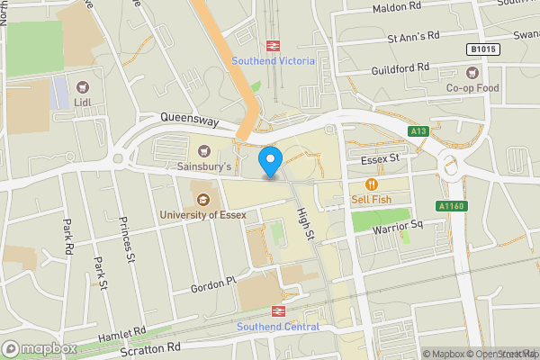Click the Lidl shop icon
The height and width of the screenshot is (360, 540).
[x=84, y=87]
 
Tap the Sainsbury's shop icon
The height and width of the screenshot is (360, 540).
[x=204, y=150]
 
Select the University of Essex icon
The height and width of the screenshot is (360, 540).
[x=202, y=198]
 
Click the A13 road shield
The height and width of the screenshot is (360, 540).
[x=418, y=131]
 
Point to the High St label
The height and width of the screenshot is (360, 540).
[x=307, y=221]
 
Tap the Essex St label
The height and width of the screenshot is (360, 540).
[x=379, y=159]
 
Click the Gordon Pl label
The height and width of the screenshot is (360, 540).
[x=212, y=284]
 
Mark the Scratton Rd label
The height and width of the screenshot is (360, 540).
[x=150, y=348]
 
